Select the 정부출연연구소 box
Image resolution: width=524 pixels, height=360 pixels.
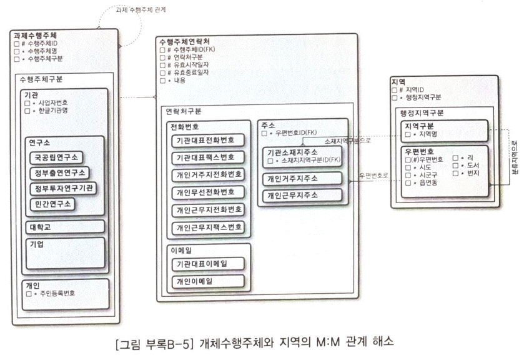59,172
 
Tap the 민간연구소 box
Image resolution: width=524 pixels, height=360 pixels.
52,204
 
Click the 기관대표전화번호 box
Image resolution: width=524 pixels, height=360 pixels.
209,140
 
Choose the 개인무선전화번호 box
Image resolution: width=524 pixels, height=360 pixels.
209,192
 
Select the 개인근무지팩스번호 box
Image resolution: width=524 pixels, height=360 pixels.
209,227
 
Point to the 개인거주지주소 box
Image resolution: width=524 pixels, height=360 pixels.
302,177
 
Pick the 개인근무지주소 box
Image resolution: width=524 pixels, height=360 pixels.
302,195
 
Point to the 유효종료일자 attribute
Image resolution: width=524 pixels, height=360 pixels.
193,72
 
